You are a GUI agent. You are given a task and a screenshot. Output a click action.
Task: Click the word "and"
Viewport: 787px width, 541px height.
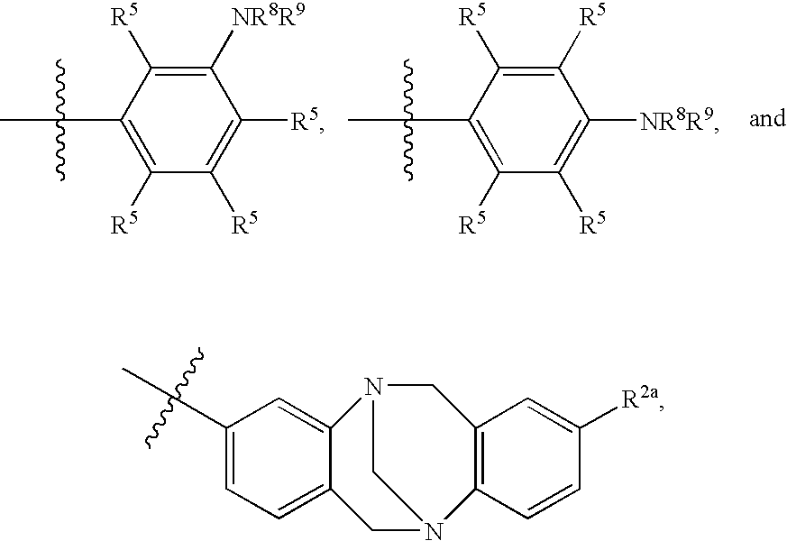[767, 119]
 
